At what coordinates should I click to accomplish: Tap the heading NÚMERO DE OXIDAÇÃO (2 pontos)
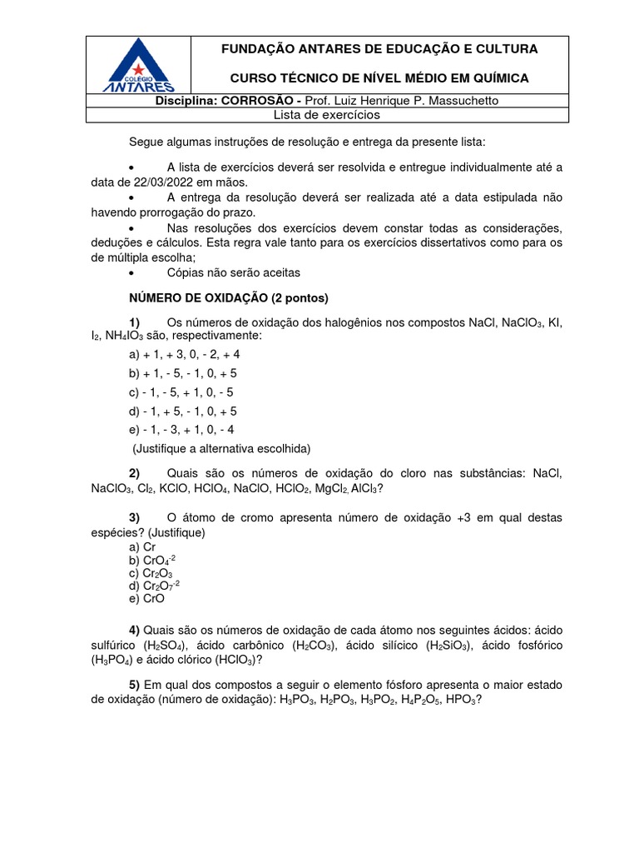click(229, 297)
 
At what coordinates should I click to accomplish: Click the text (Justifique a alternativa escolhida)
click(222, 448)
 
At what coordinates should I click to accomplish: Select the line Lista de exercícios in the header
click(327, 114)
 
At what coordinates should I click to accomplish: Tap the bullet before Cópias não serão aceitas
click(133, 273)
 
